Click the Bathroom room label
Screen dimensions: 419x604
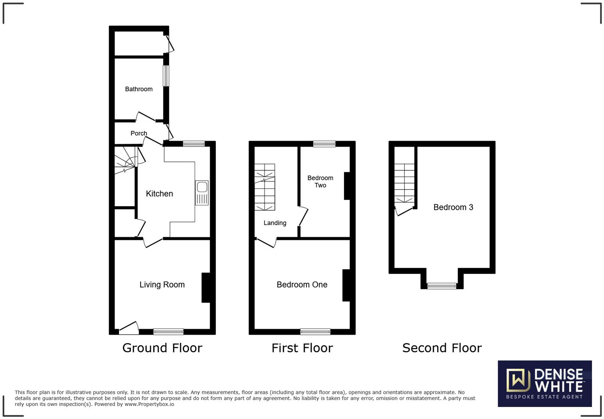coord(139,89)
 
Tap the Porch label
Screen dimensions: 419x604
coord(139,133)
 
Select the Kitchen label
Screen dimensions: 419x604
coord(159,194)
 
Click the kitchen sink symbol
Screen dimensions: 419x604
coord(202,193)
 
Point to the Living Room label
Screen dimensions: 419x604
coord(162,285)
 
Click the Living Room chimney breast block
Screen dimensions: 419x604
coord(206,287)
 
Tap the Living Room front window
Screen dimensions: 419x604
coord(168,331)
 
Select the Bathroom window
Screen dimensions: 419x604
coord(165,76)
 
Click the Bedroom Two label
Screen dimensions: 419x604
coord(320,182)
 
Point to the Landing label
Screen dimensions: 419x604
coord(275,223)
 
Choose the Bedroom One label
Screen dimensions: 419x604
coord(302,285)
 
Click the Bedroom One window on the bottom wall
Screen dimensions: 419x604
coord(315,331)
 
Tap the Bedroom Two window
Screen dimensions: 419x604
coord(324,144)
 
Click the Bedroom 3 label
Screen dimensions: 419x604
coord(453,207)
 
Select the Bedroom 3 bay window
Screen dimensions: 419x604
coord(442,286)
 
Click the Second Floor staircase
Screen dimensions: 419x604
coord(404,183)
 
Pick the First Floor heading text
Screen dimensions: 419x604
coord(302,348)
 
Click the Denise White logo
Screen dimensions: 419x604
coord(544,383)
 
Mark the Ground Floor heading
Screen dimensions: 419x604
coord(162,348)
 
